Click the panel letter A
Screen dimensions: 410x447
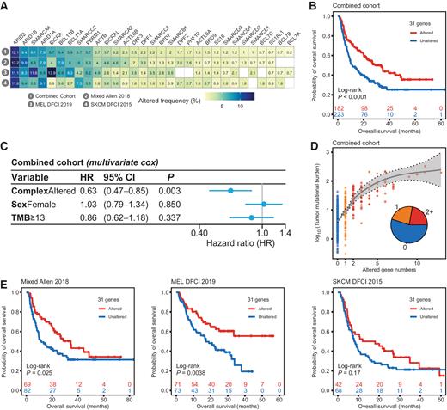tap(7, 7)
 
